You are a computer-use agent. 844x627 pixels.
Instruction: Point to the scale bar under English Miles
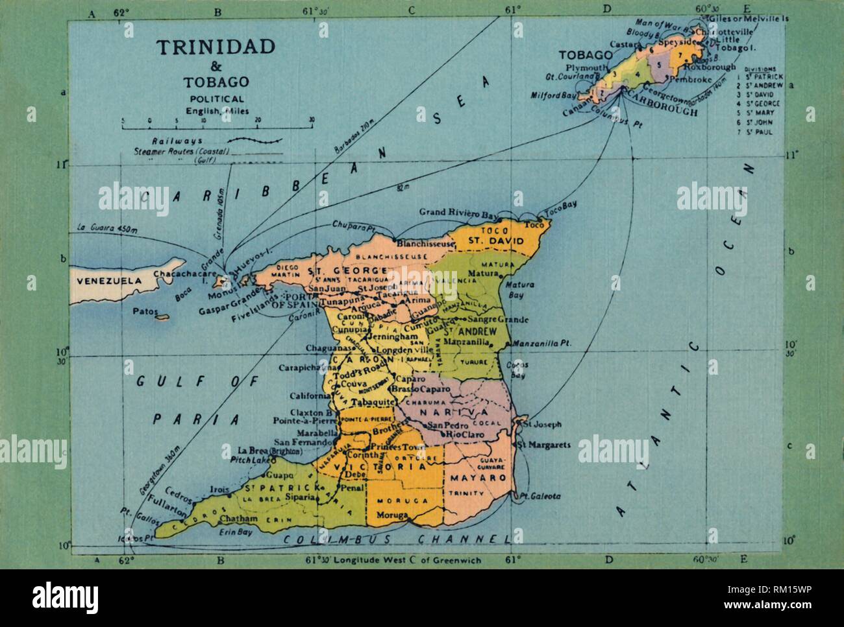pyautogui.click(x=217, y=122)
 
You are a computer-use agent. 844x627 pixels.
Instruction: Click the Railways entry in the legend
pyautogui.click(x=177, y=141)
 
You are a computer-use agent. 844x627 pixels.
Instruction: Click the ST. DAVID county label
pyautogui.click(x=492, y=241)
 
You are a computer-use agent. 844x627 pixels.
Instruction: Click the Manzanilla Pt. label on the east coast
pyautogui.click(x=540, y=344)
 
